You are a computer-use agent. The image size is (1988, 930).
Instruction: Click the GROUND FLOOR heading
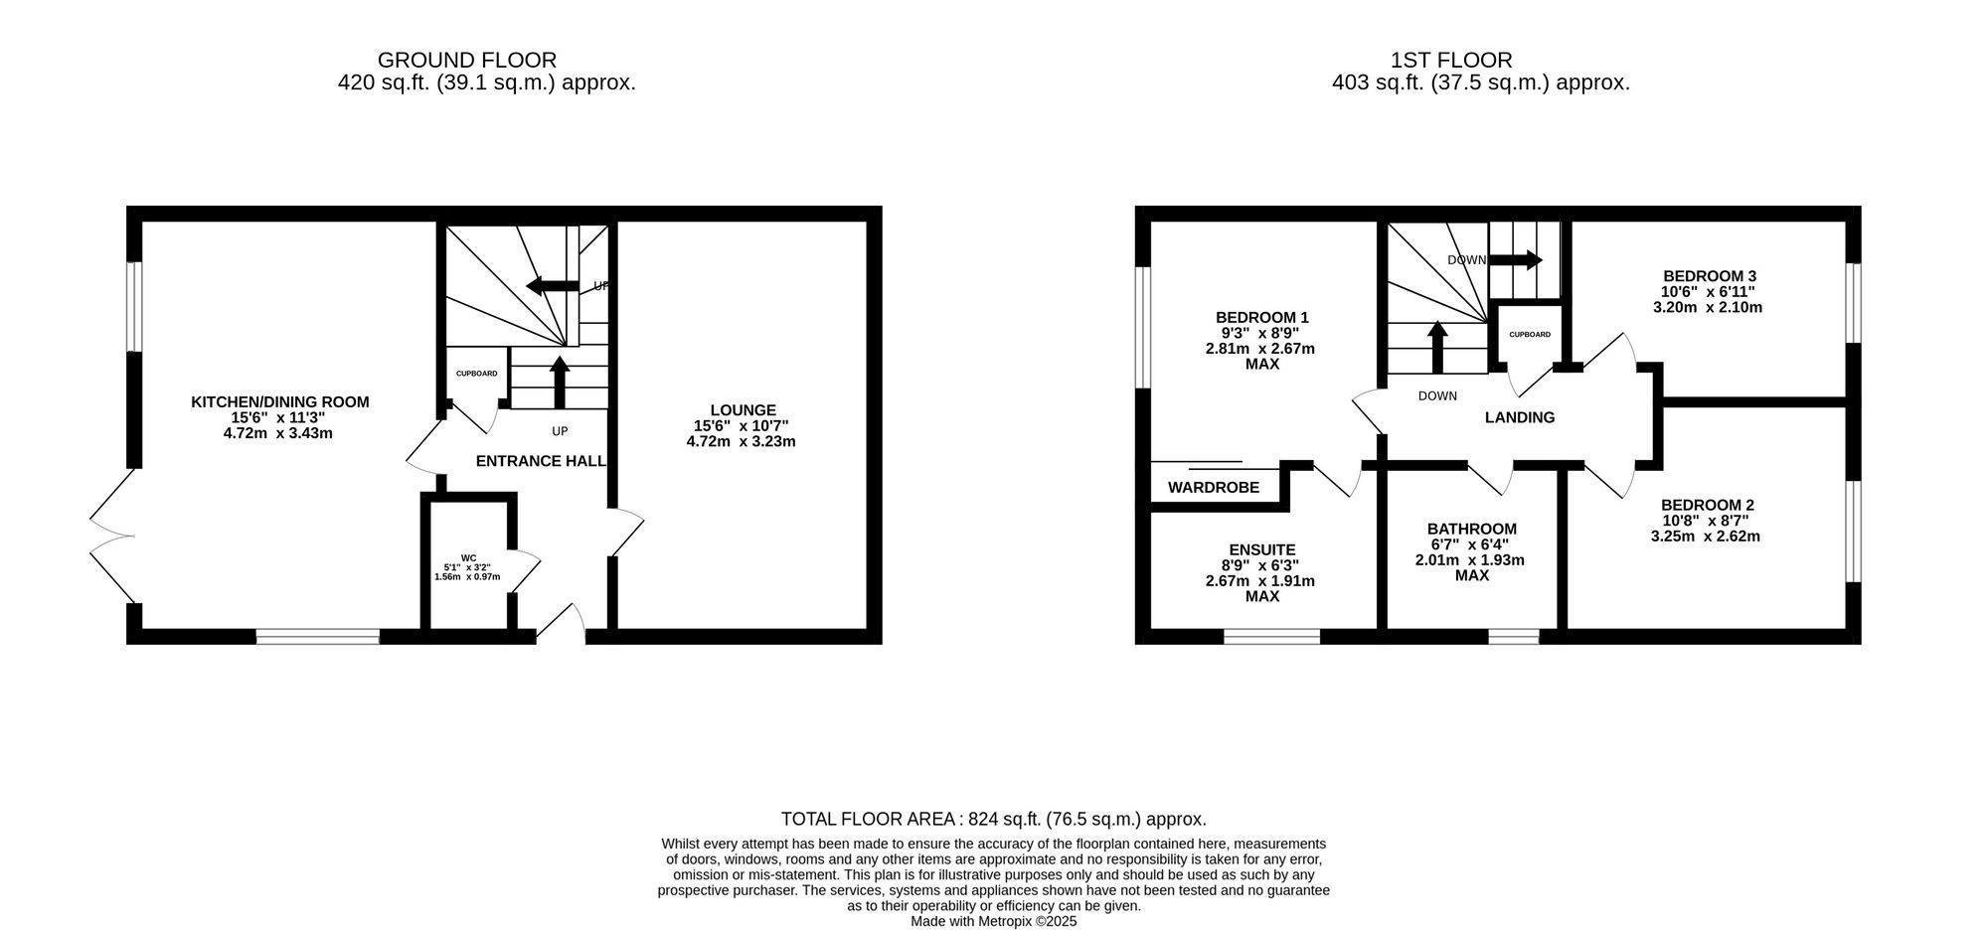pyautogui.click(x=467, y=61)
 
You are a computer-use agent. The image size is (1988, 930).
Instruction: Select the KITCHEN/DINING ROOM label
pyautogui.click(x=280, y=402)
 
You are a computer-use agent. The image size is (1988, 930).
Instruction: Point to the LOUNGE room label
pyautogui.click(x=743, y=410)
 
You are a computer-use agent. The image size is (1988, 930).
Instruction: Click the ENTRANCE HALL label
pyautogui.click(x=541, y=461)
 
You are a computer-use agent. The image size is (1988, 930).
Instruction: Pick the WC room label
pyautogui.click(x=468, y=557)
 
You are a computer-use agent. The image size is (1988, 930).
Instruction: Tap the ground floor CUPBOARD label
pyautogui.click(x=477, y=374)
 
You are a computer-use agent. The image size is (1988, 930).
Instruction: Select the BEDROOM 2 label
pyautogui.click(x=1707, y=505)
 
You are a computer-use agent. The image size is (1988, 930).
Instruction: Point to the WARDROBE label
pyautogui.click(x=1214, y=488)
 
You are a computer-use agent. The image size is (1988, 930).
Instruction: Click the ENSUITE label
pyautogui.click(x=1262, y=549)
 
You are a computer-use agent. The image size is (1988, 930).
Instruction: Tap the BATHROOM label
pyautogui.click(x=1472, y=530)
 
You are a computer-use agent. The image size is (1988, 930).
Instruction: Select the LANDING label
pyautogui.click(x=1520, y=417)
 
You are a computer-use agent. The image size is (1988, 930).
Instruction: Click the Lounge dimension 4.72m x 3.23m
pyautogui.click(x=742, y=441)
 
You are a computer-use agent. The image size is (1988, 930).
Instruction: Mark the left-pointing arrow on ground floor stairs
pyautogui.click(x=552, y=286)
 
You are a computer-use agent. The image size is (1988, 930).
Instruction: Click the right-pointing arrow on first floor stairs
pyautogui.click(x=1515, y=260)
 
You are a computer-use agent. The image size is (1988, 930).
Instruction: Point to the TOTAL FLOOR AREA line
pyautogui.click(x=994, y=820)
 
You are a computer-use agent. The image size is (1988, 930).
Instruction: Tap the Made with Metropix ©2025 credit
pyautogui.click(x=994, y=921)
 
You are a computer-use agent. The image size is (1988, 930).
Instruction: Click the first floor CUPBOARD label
pyautogui.click(x=1530, y=335)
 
